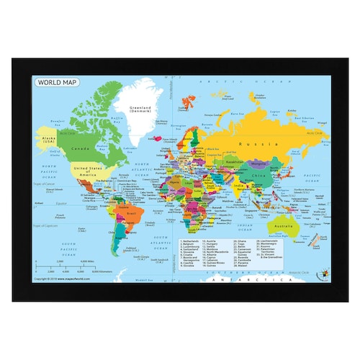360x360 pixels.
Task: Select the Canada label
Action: [80, 149]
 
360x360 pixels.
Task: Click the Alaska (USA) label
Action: [48, 139]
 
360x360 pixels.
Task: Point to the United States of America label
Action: [84, 171]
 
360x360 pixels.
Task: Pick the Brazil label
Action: [130, 216]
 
